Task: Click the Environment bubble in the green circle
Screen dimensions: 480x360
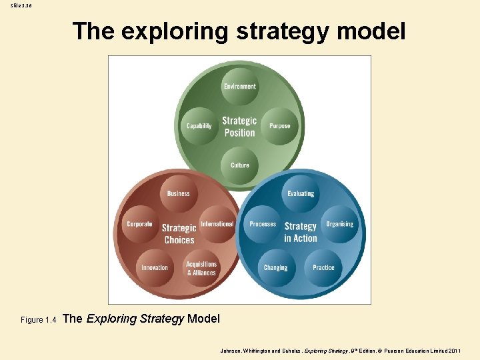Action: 240,87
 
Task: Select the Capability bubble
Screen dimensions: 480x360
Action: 199,125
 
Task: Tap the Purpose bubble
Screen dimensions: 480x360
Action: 280,125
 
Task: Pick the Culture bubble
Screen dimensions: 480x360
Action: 240,165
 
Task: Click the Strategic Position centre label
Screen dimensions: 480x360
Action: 239,126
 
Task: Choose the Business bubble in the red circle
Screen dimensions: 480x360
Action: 178,193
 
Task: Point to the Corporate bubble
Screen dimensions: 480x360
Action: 140,225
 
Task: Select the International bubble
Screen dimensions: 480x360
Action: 217,225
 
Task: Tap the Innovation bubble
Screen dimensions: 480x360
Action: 155,267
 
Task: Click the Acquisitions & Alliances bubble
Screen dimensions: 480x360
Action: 201,268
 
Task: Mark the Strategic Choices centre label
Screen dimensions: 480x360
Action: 179,233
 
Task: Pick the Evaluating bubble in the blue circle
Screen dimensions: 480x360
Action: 301,193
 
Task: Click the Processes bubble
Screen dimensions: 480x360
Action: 263,225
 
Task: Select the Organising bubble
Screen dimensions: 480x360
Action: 340,225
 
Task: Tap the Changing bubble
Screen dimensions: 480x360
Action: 275,267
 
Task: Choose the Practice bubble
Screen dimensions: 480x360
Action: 323,267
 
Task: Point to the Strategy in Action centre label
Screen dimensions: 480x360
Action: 301,232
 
